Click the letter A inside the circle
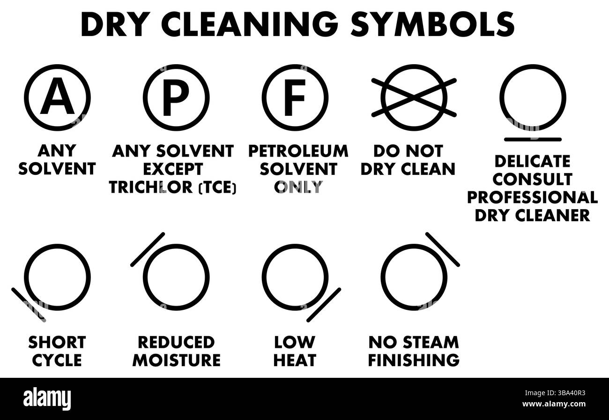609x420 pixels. [57, 97]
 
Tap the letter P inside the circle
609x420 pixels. [176, 97]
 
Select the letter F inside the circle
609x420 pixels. [295, 97]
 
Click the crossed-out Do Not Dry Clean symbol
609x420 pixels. [414, 97]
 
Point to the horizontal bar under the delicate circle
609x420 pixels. [533, 139]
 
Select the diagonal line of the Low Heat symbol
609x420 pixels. [324, 305]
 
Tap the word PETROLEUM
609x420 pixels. [298, 151]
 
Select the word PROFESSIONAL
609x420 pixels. [532, 197]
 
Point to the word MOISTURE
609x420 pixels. [176, 360]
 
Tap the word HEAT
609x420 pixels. [295, 360]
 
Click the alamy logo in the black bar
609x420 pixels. [47, 398]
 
